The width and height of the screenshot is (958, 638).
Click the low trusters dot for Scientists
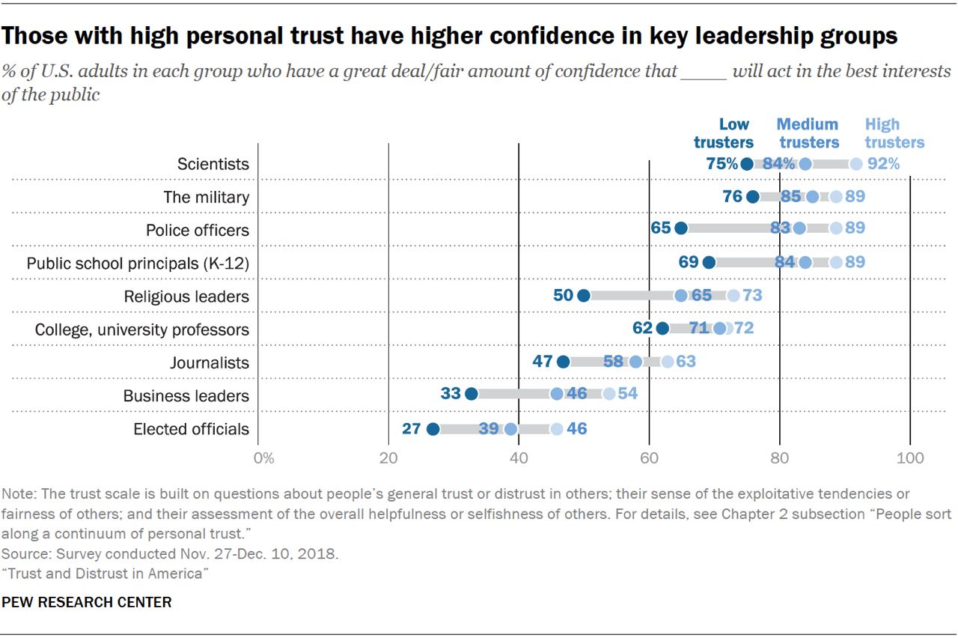point(747,164)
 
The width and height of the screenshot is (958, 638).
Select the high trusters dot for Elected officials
point(556,429)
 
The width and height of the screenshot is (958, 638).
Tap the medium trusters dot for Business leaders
point(557,394)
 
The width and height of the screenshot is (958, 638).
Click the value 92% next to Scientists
point(883,164)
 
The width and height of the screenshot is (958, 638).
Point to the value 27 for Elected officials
point(412,429)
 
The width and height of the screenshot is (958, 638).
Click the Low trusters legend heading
point(723,133)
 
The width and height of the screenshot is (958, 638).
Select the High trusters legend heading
point(894,133)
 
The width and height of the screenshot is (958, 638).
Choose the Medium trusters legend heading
point(808,133)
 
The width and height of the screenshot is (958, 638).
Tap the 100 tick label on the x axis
point(910,458)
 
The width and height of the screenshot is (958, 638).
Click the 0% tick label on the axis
point(263,458)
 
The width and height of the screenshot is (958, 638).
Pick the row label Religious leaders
point(186,297)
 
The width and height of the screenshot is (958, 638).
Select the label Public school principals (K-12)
point(138,263)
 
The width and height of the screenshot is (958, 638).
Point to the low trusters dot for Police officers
point(681,228)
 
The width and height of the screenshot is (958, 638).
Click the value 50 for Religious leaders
point(563,295)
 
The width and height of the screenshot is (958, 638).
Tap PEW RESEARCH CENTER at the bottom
point(87,602)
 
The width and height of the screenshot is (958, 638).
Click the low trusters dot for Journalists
point(564,362)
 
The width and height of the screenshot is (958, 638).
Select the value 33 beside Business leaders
point(451,394)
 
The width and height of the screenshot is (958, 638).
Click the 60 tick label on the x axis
point(649,458)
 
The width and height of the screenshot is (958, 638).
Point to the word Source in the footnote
point(22,555)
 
